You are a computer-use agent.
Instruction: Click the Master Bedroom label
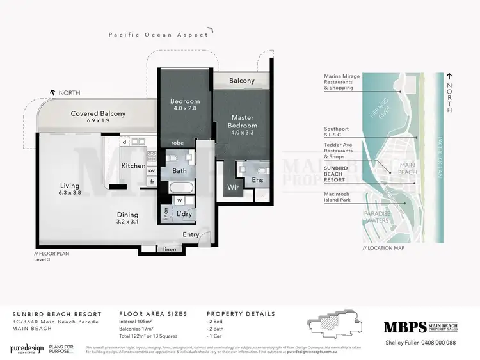click(243, 121)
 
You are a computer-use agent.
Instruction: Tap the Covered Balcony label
click(98, 117)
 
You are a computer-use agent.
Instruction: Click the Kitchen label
click(134, 166)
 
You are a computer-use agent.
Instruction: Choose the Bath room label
click(180, 171)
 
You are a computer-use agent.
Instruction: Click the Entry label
click(190, 235)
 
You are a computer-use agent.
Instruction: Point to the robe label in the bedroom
click(178, 143)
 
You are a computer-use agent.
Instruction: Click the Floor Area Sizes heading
click(153, 314)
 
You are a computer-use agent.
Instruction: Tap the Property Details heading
click(241, 314)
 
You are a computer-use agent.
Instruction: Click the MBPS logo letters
click(404, 327)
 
